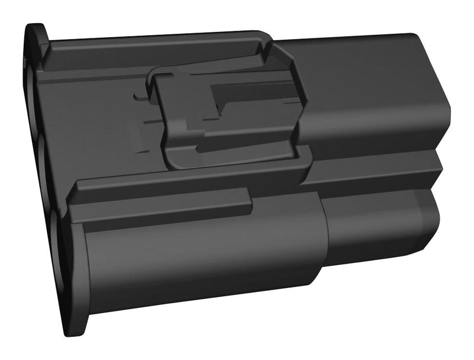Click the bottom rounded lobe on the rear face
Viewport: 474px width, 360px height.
tap(59, 237)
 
